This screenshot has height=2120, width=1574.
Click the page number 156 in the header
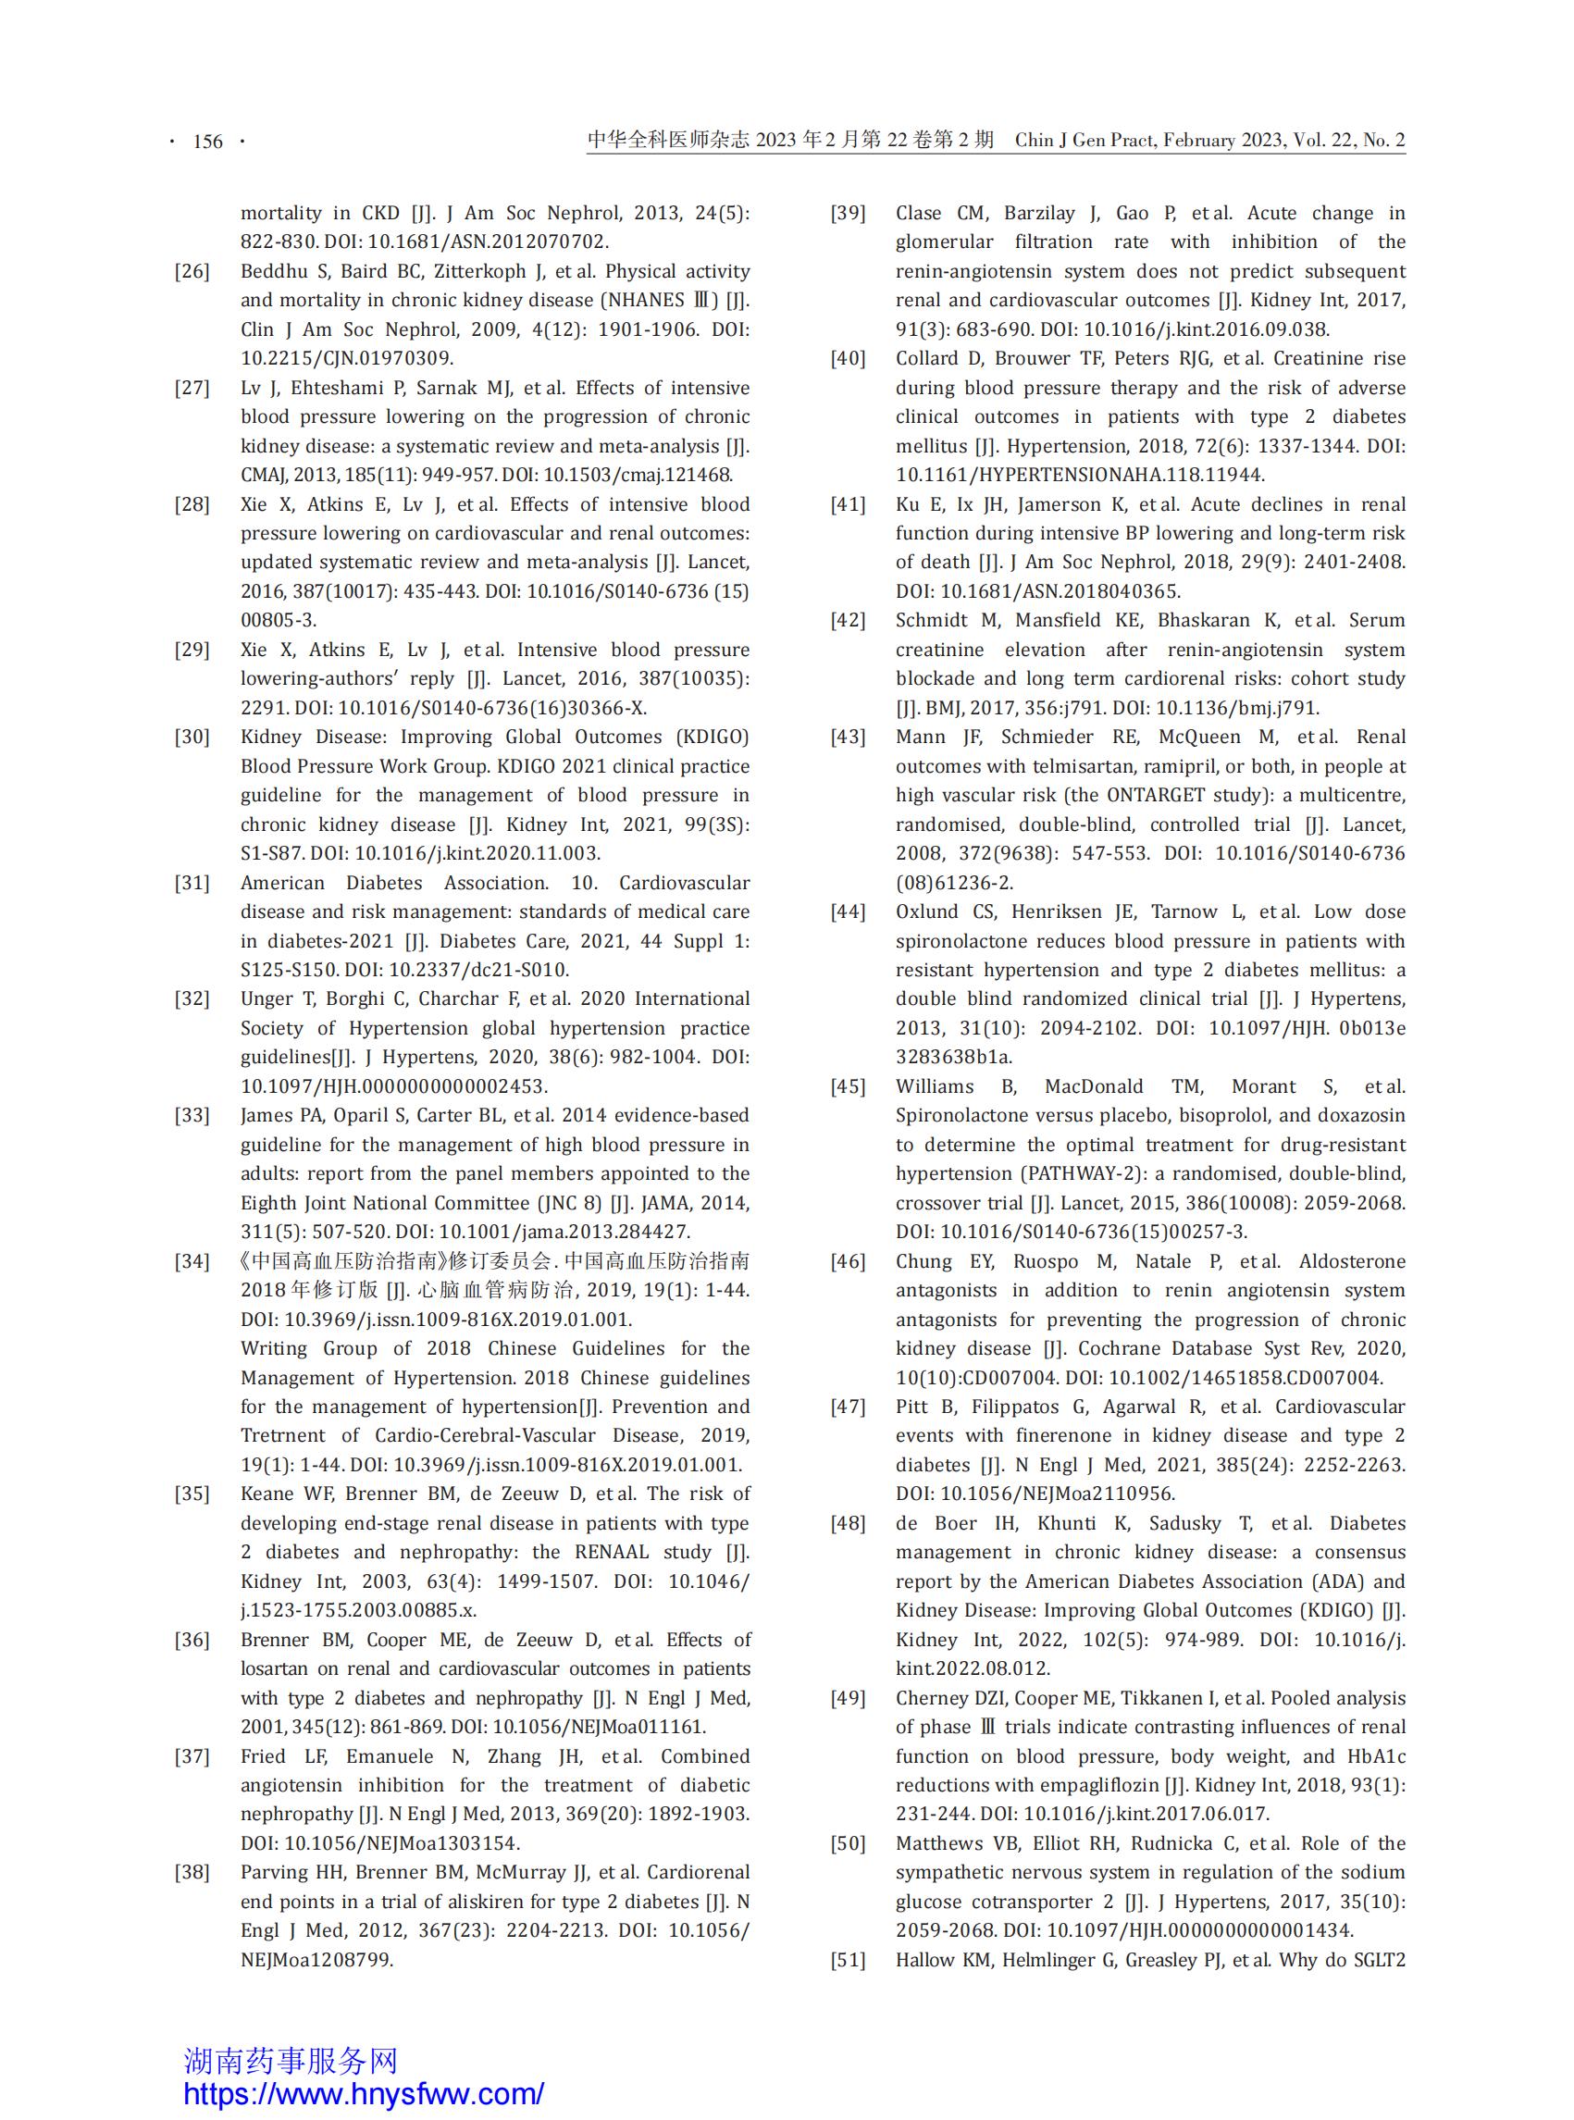tap(206, 142)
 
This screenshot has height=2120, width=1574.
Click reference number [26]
tap(192, 271)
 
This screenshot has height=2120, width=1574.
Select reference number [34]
tap(192, 1261)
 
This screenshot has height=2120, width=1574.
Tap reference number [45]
tap(847, 1087)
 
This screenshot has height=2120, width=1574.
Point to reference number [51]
tap(847, 1960)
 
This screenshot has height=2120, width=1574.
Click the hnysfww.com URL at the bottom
tap(363, 2093)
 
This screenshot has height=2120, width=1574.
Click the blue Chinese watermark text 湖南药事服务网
tap(291, 2061)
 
